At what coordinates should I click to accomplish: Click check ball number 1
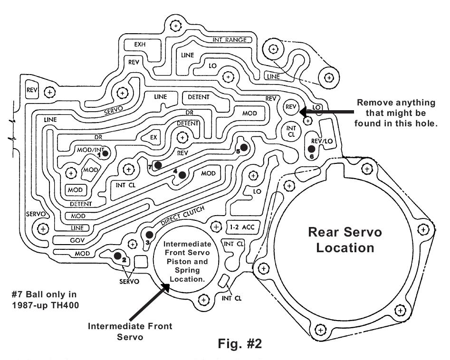105,152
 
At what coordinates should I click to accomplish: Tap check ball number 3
150,234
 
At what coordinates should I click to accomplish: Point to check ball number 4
182,174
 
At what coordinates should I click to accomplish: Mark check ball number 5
243,148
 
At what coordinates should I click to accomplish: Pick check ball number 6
311,150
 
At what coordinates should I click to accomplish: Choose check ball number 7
158,164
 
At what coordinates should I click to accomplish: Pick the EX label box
153,137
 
